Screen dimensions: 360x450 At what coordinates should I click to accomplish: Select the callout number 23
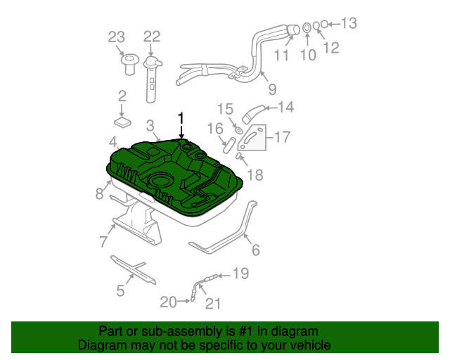point(116,37)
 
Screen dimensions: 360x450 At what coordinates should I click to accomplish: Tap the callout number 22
point(152,37)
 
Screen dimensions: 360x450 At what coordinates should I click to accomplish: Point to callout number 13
point(349,24)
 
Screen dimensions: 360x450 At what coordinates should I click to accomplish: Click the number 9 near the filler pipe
point(271,89)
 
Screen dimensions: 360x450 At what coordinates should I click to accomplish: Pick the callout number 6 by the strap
point(255,250)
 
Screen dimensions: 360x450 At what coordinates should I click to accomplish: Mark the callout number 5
point(120,290)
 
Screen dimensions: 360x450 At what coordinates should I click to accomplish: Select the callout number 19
point(240,274)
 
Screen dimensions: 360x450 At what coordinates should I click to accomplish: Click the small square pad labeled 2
point(123,121)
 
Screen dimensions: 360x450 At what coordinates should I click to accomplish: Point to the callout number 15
point(224,109)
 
